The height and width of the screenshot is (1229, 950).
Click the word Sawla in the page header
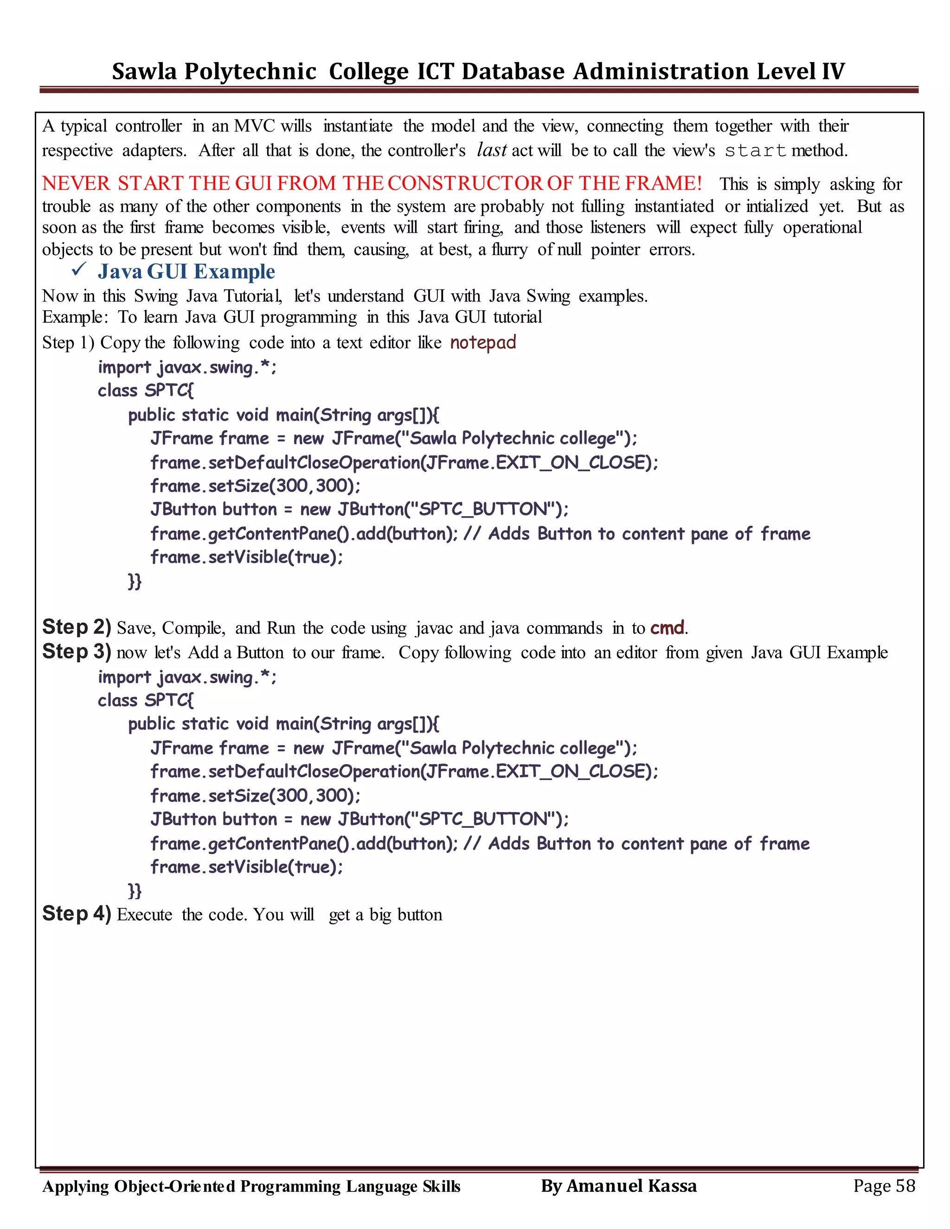click(x=144, y=71)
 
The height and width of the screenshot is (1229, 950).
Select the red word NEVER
click(x=76, y=184)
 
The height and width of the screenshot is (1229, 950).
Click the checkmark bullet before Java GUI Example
click(x=79, y=269)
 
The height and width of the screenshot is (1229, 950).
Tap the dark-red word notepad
click(x=483, y=342)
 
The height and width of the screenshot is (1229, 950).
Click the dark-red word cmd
click(x=668, y=627)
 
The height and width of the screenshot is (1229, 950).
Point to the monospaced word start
click(x=755, y=151)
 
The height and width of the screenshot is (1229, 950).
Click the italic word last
click(x=491, y=150)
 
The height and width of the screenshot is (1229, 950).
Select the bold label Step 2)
click(x=77, y=627)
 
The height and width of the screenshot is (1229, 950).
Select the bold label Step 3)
click(x=77, y=652)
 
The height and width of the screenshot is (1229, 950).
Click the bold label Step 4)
click(x=77, y=913)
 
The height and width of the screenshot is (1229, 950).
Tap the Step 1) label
click(x=68, y=343)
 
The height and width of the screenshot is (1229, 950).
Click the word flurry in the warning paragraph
click(x=509, y=250)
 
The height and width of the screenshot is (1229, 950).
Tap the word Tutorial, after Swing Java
click(x=253, y=296)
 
